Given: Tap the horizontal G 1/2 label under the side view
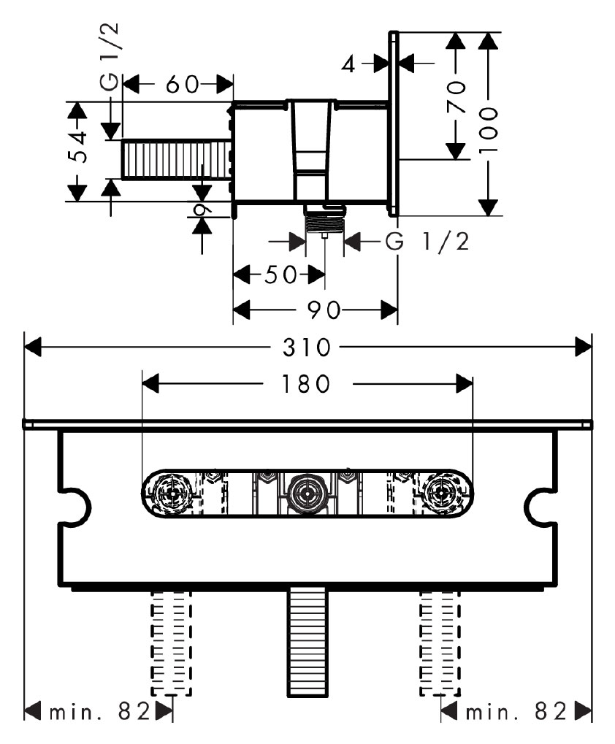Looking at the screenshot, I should (x=427, y=242).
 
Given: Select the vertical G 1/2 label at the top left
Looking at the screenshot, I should (x=111, y=58).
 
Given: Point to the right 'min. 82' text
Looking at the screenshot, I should (x=517, y=710).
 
